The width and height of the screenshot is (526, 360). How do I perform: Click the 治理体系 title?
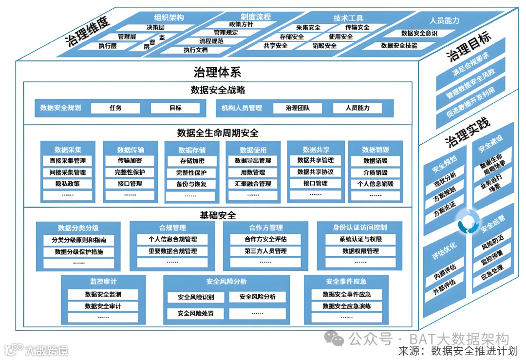pos(217,73)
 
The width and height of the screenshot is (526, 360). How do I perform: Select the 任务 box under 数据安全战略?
pos(115,108)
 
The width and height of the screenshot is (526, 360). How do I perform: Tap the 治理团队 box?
pos(297,108)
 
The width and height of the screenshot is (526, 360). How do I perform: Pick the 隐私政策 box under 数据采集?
pos(68,184)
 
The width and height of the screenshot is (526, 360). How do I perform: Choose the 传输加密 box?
pos(130,160)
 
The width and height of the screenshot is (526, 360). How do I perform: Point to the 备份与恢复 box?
pos(191,184)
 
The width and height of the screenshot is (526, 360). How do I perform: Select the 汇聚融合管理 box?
pos(253,184)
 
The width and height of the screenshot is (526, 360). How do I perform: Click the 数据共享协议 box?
pos(315,172)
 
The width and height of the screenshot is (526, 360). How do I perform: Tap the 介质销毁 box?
pos(375,172)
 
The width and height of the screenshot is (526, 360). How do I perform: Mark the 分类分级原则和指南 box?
pos(79,240)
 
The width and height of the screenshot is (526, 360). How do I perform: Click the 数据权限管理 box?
pos(360,251)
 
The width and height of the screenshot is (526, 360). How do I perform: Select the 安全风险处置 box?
pos(195,313)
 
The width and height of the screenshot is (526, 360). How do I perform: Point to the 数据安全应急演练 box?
pos(347,306)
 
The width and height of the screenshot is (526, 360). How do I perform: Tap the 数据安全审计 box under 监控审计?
pos(103,306)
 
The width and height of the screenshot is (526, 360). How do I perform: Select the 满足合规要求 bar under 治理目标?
pos(470,65)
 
